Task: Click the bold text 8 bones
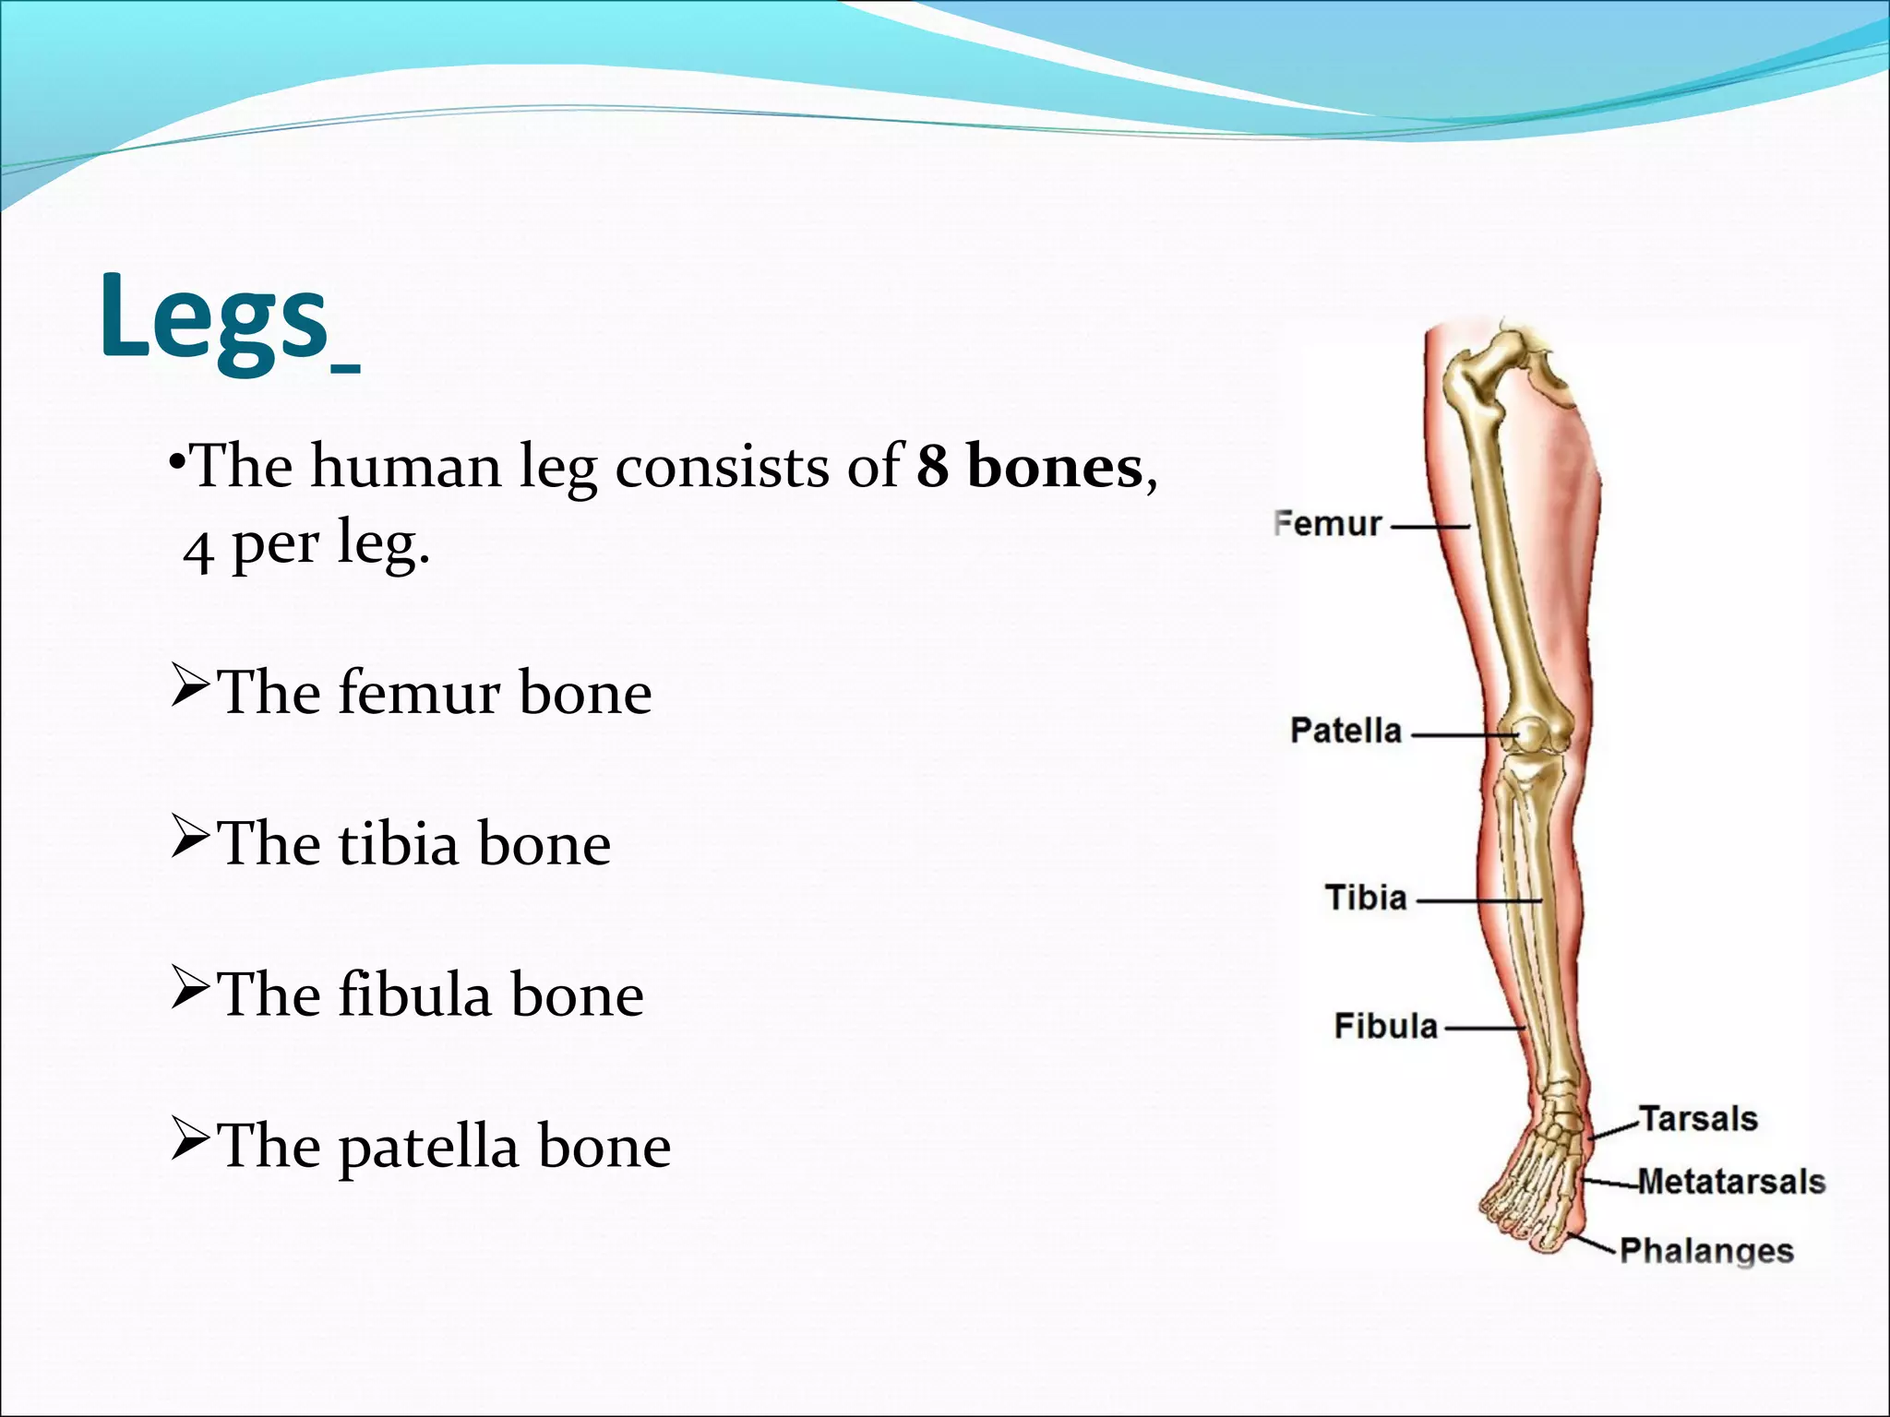[1030, 467]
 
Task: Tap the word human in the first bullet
[406, 467]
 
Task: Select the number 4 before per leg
[198, 552]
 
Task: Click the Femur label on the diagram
[1327, 524]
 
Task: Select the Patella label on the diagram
[1346, 731]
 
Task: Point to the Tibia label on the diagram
[1366, 898]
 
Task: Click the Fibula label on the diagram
[1385, 1026]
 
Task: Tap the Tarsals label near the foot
[1698, 1119]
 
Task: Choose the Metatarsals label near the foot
[1731, 1182]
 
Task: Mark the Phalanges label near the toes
[1706, 1251]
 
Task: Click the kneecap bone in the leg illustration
[1529, 735]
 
